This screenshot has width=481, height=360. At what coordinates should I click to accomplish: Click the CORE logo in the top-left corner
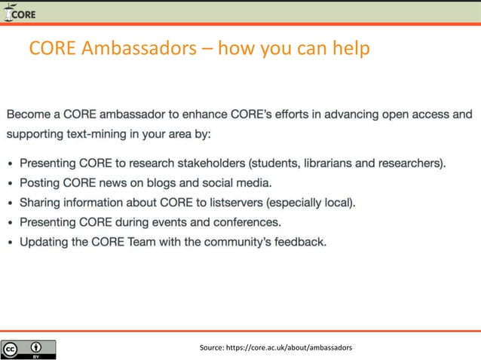tap(19, 13)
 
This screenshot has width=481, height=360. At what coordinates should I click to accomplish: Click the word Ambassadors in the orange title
tap(143, 49)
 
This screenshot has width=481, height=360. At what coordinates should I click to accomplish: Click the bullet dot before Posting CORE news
tap(10, 183)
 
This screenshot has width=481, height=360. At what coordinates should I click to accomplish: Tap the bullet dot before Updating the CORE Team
tap(10, 243)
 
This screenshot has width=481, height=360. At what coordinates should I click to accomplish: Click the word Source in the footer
tap(211, 347)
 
